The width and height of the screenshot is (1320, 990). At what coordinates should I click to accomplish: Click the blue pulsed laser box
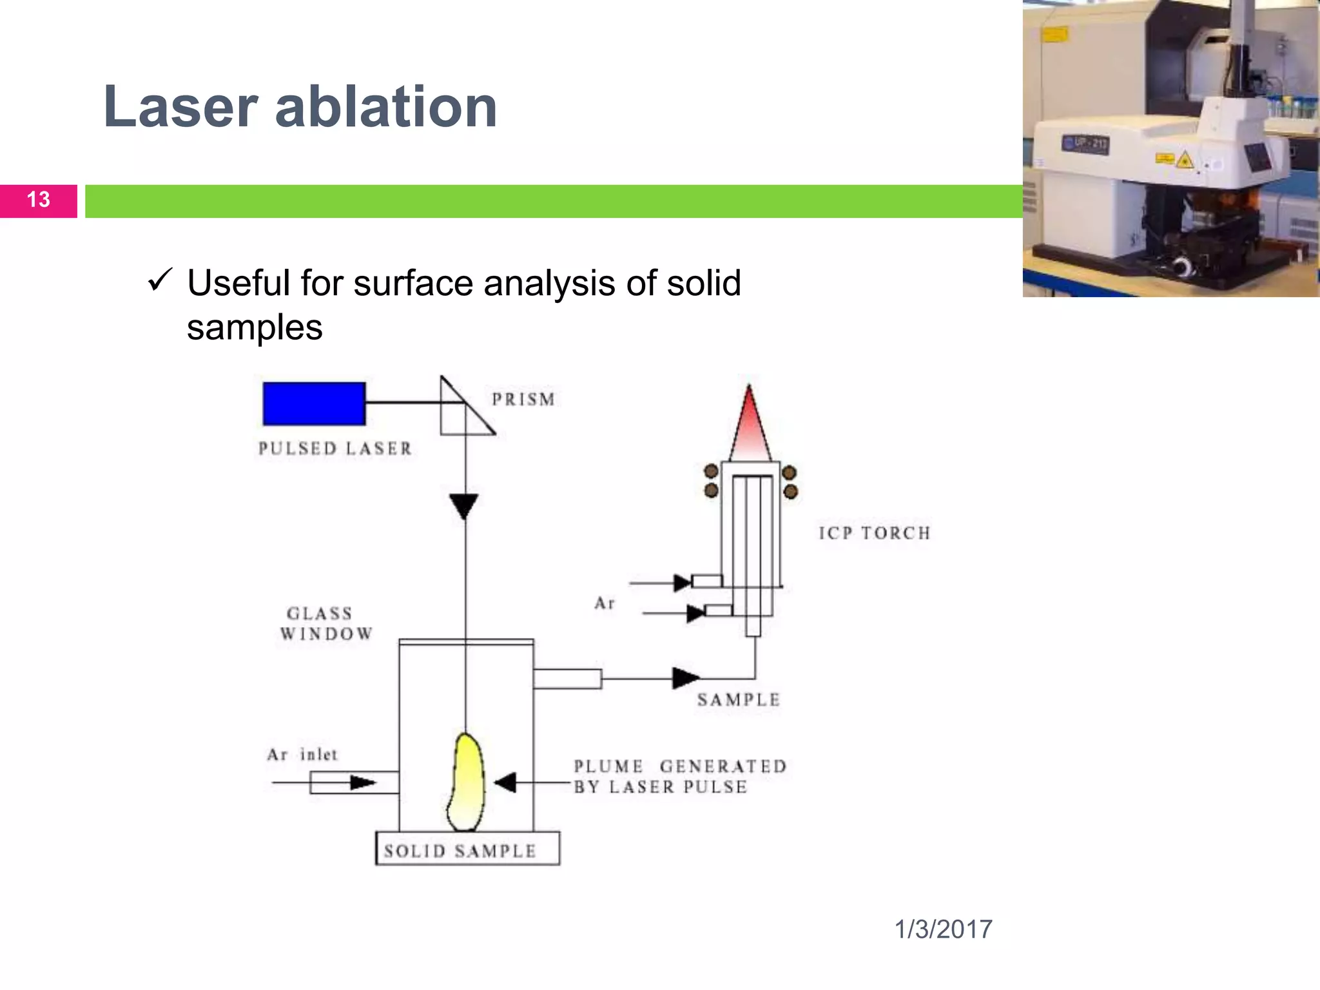(314, 403)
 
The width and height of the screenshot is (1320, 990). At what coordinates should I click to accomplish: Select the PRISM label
(523, 400)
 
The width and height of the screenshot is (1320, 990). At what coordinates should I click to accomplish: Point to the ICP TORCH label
(875, 533)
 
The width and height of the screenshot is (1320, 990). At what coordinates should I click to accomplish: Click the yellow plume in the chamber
(467, 783)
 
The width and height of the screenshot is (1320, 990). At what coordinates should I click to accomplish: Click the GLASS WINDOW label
(325, 623)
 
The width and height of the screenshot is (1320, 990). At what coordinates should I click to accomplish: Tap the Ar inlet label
(302, 755)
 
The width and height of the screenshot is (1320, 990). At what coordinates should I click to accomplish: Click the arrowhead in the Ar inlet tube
(362, 782)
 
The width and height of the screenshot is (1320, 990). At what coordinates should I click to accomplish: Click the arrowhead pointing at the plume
(506, 782)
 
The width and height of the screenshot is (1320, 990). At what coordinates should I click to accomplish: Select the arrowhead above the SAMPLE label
(685, 677)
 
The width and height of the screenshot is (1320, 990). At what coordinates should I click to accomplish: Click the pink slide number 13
(39, 200)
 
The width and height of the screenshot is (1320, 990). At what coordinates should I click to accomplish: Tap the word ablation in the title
(386, 107)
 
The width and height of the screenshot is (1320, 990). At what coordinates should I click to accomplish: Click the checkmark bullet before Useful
(159, 280)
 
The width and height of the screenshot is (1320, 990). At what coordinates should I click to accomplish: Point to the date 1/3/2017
(943, 929)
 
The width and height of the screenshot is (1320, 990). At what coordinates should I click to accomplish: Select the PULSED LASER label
(335, 449)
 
